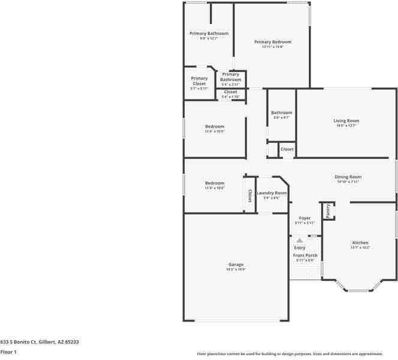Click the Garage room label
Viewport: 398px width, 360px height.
pos(236,265)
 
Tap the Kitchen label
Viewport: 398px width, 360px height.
pos(360,242)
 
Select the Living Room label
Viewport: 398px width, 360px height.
pos(346,121)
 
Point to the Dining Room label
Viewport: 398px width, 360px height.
pos(348,177)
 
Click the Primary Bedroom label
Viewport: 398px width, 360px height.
pos(273,42)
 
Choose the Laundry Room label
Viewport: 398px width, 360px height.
pos(268,193)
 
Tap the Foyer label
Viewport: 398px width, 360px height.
pos(304,218)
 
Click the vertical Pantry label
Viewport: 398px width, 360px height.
pos(328,211)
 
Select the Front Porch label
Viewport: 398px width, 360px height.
pos(304,256)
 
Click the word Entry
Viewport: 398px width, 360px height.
pos(300,248)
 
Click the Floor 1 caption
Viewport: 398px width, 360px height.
pos(8,352)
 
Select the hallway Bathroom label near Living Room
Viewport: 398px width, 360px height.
pos(281,113)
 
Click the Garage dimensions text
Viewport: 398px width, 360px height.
pos(236,269)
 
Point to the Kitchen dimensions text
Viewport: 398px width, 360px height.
pos(360,247)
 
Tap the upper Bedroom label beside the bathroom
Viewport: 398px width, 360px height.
pos(215,127)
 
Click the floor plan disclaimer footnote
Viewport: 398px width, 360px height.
pos(297,353)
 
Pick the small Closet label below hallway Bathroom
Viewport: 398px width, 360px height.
pos(287,149)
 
